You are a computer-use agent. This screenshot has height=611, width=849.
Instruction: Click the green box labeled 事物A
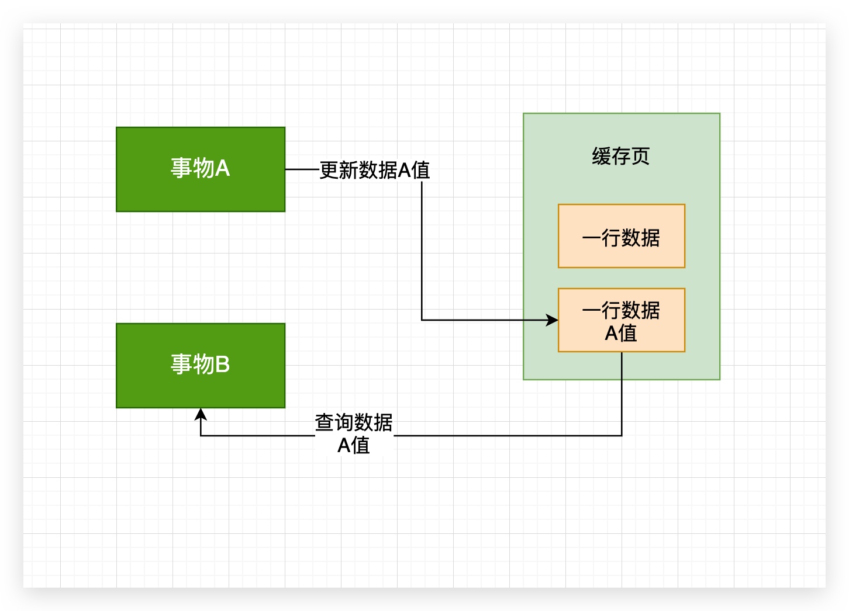pyautogui.click(x=201, y=169)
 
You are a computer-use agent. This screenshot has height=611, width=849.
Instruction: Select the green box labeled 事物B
pyautogui.click(x=201, y=365)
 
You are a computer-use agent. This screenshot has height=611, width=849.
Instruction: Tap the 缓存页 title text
pyautogui.click(x=620, y=156)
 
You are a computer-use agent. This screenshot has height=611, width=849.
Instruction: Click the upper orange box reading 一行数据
pyautogui.click(x=621, y=237)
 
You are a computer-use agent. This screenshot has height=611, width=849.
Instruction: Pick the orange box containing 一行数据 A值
pyautogui.click(x=621, y=320)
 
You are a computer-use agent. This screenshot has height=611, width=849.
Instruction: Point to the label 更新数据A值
pyautogui.click(x=374, y=170)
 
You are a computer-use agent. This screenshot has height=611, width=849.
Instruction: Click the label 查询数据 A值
pyautogui.click(x=354, y=433)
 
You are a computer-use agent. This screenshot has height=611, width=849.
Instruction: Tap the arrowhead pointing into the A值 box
pyautogui.click(x=553, y=320)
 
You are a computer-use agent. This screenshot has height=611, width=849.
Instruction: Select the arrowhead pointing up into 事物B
pyautogui.click(x=201, y=414)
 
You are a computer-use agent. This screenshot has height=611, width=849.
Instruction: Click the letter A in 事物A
pyautogui.click(x=223, y=169)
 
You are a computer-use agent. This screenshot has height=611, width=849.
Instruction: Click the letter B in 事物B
pyautogui.click(x=223, y=364)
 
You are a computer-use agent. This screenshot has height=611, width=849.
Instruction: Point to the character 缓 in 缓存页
pyautogui.click(x=601, y=156)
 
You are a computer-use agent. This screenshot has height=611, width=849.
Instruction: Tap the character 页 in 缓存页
pyautogui.click(x=640, y=156)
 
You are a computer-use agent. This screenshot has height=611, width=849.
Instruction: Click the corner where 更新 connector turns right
pyautogui.click(x=422, y=320)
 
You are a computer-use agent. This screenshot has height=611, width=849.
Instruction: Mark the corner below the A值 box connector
pyautogui.click(x=622, y=436)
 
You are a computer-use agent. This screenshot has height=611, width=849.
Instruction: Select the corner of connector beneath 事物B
pyautogui.click(x=201, y=436)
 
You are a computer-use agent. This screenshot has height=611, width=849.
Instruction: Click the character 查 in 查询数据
pyautogui.click(x=325, y=422)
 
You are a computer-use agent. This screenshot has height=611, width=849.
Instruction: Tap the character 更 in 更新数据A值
pyautogui.click(x=329, y=170)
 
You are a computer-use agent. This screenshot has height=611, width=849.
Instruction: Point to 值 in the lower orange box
pyautogui.click(x=628, y=333)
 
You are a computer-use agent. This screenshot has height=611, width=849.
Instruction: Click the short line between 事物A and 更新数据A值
pyautogui.click(x=302, y=169)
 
